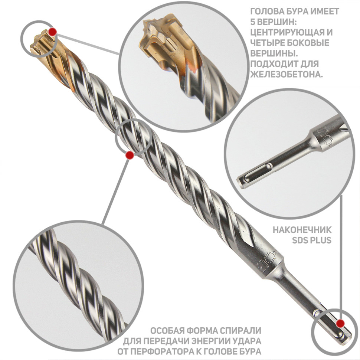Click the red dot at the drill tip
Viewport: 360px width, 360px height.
(x=53, y=32)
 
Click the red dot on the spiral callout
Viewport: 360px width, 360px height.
(x=130, y=156)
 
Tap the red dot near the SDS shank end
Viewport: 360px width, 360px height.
(x=340, y=324)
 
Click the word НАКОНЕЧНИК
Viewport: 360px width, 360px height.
(x=302, y=230)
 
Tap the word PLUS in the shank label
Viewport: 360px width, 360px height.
(x=321, y=240)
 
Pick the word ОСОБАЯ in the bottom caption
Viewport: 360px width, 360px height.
(x=167, y=331)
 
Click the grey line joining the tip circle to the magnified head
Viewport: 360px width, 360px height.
(x=88, y=44)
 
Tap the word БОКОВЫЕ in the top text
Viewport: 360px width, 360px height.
(x=310, y=43)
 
